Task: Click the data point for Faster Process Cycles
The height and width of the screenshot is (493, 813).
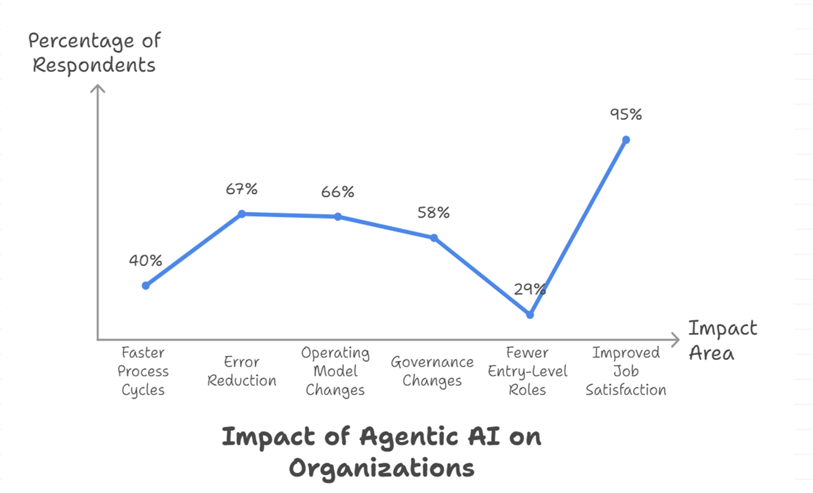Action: (x=146, y=286)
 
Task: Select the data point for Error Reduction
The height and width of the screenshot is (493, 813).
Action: (x=241, y=214)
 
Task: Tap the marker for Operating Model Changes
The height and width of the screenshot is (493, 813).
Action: (x=338, y=216)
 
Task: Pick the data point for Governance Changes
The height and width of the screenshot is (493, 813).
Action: (x=434, y=238)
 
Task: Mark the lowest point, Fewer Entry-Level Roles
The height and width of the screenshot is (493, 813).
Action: (x=530, y=315)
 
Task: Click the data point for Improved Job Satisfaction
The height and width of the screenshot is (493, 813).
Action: (x=626, y=140)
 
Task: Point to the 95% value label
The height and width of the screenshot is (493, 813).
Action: (x=626, y=114)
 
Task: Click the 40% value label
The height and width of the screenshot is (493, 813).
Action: (x=146, y=260)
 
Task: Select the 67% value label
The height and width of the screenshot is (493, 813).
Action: (x=241, y=189)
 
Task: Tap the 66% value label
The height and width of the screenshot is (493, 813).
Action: (x=338, y=192)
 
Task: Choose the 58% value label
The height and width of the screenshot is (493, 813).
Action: (x=433, y=213)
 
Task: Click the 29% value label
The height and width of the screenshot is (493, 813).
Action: (x=530, y=289)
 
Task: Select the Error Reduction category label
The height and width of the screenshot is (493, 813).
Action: (x=241, y=371)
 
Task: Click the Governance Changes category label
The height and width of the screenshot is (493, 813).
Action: (x=432, y=371)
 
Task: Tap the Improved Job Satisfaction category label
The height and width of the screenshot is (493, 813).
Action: (x=626, y=371)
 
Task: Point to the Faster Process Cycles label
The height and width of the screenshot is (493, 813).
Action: (x=144, y=371)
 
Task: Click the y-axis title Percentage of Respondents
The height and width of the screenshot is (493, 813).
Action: (x=94, y=53)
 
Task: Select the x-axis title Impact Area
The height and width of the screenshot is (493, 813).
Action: (x=722, y=340)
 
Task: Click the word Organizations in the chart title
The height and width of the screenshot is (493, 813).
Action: (x=381, y=468)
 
